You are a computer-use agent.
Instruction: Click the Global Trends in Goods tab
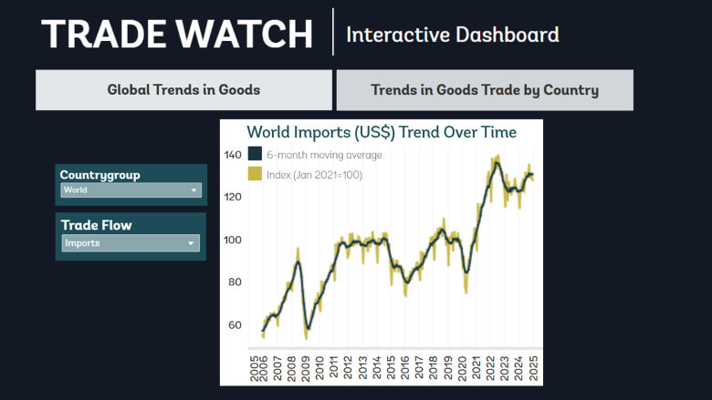click(183, 90)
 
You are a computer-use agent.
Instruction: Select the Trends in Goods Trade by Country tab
click(484, 90)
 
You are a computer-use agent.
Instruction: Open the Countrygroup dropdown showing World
click(131, 190)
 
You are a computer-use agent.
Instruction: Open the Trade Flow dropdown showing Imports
click(131, 243)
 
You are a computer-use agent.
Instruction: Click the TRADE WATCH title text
click(177, 34)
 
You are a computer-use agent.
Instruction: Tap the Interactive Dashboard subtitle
click(453, 36)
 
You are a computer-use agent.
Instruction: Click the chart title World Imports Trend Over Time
click(382, 133)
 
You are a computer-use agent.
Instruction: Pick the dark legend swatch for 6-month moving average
click(256, 155)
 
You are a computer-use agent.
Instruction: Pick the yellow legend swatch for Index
click(256, 174)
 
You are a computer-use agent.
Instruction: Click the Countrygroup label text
click(99, 175)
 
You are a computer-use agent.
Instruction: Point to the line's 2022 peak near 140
click(496, 162)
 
